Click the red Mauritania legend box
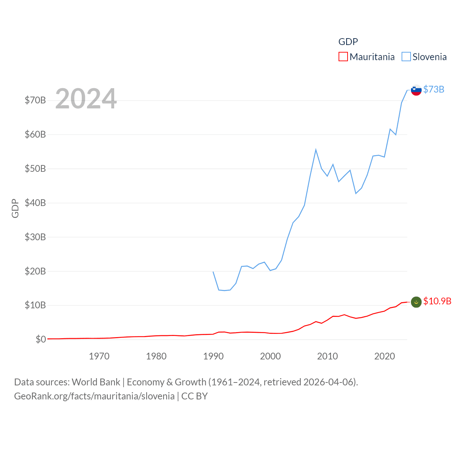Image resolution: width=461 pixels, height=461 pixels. point(343,57)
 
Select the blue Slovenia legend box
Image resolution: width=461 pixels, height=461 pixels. point(406,57)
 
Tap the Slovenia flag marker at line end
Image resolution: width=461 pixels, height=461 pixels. point(416,90)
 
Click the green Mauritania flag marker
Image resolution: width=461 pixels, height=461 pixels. point(416,302)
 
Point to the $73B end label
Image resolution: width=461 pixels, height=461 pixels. point(434,89)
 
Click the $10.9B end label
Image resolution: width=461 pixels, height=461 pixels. point(437,301)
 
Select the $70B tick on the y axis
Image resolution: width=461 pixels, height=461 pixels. point(35,100)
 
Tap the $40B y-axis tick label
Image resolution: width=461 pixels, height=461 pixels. point(35,203)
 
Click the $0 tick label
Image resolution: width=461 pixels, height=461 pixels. point(41,339)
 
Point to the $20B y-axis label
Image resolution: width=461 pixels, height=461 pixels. point(35,271)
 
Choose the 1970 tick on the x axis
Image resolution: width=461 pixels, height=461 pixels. point(99,356)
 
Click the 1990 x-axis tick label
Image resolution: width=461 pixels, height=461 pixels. point(213,356)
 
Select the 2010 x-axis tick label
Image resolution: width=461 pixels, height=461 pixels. point(327,356)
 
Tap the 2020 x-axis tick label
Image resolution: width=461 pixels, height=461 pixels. point(385,356)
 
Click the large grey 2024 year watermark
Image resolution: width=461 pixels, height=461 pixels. point(86,98)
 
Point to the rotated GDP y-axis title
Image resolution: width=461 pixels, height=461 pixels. point(15,208)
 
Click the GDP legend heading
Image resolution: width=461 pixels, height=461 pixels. point(348,42)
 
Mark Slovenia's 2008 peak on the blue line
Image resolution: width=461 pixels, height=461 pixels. point(316,149)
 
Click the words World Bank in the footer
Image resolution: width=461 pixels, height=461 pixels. point(96,382)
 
